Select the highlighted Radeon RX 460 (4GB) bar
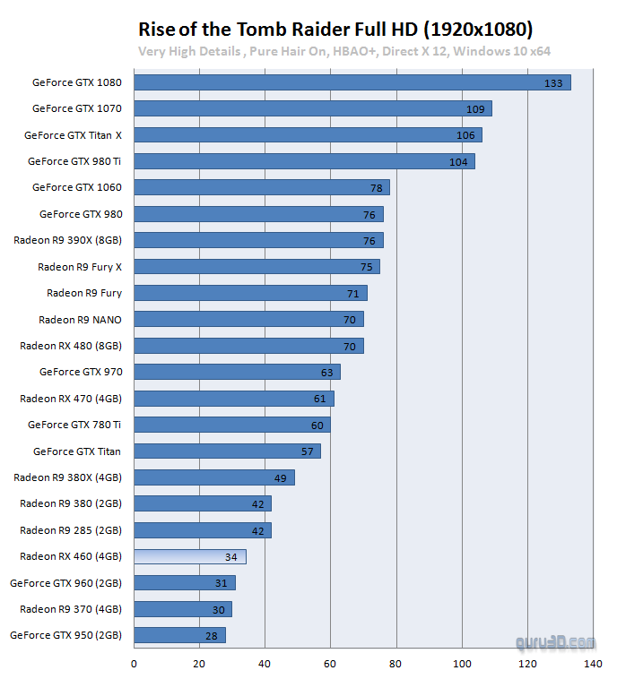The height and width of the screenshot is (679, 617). coord(189,556)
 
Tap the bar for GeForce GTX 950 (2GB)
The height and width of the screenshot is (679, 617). coord(179,635)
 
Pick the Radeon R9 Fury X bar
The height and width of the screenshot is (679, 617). coord(256,267)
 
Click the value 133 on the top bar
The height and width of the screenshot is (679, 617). coord(553,83)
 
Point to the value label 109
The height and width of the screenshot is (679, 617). coord(474,109)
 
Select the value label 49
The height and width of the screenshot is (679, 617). coord(280,478)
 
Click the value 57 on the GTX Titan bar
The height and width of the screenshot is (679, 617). coord(307,451)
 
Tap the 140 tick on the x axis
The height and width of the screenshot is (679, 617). coord(593,664)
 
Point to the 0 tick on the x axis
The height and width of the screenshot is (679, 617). coord(134,664)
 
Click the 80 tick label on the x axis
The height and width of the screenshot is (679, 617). coord(396,664)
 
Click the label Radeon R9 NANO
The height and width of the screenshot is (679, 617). coord(80,320)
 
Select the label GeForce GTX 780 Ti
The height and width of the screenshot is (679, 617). coord(74,425)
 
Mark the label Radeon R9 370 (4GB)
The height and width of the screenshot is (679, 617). coord(71,609)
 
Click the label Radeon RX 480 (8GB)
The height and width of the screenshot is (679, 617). coord(71,346)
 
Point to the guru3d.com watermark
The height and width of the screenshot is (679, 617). coord(555,642)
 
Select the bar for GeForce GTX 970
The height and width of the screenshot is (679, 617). coord(237,372)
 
